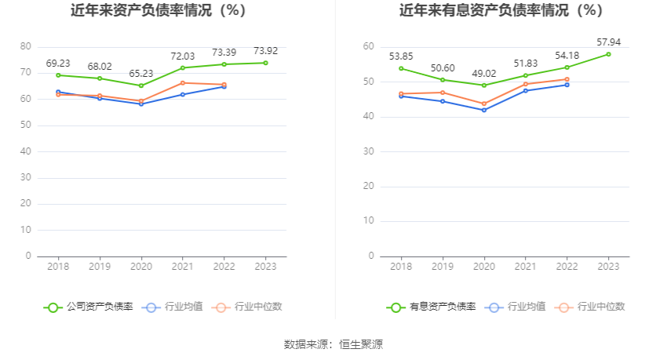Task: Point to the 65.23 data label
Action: click(x=141, y=72)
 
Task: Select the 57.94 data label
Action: click(x=608, y=41)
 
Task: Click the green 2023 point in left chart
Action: click(x=265, y=63)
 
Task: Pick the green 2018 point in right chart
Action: click(x=401, y=68)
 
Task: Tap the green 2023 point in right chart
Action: click(x=608, y=54)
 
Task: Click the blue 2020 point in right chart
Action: click(x=484, y=110)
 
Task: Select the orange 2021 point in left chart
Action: click(x=183, y=82)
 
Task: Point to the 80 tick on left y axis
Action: click(x=26, y=46)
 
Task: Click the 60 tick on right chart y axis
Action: click(x=368, y=47)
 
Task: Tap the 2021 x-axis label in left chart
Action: click(x=183, y=267)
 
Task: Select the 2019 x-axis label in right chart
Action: click(x=443, y=267)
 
